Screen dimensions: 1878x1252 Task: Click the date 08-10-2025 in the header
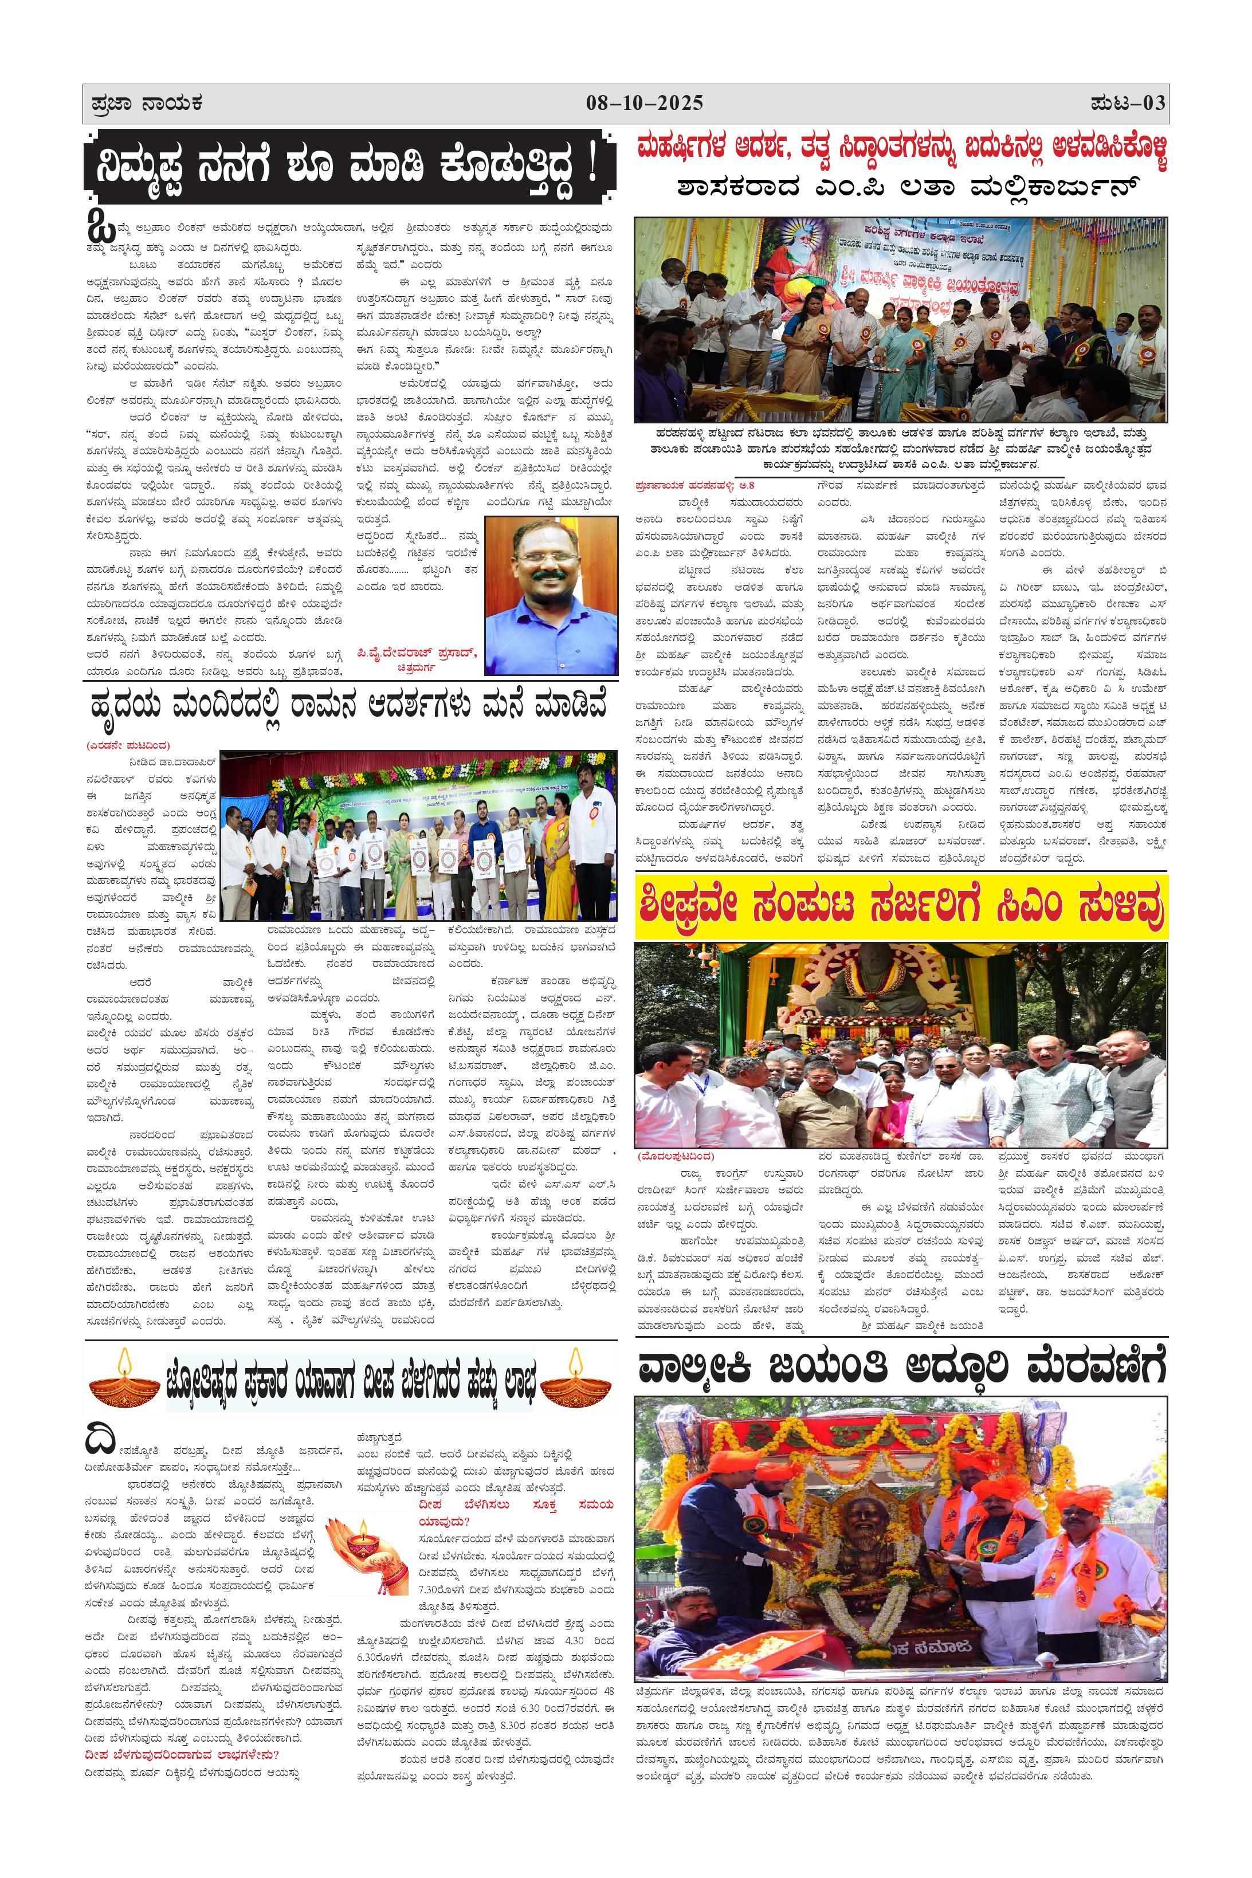click(645, 103)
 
